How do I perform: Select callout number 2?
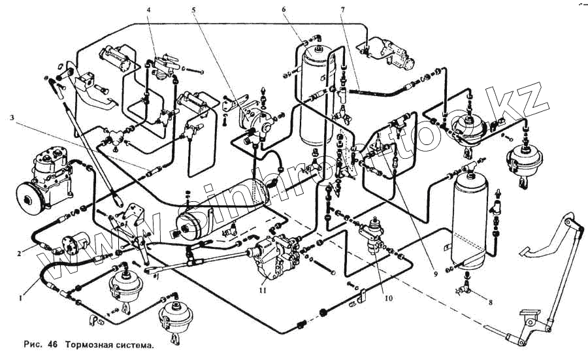(20, 251)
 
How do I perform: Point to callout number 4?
(149, 10)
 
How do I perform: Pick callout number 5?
(194, 10)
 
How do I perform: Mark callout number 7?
(342, 10)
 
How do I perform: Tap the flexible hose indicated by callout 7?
(372, 94)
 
